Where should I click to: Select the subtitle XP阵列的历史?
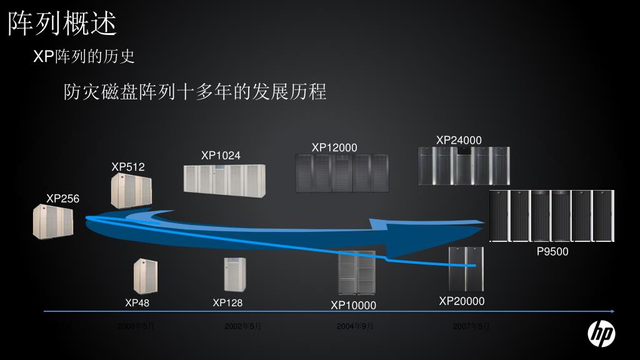tap(84, 57)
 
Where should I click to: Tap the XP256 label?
tap(62, 199)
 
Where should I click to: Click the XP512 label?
tap(128, 167)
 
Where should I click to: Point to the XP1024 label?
tap(221, 156)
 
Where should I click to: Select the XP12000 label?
tap(334, 147)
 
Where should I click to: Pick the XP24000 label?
tap(459, 140)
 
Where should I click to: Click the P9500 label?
tap(552, 252)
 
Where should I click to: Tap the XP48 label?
tap(137, 303)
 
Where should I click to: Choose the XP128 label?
tap(227, 303)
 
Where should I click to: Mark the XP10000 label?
tap(354, 306)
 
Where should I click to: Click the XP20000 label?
tap(462, 301)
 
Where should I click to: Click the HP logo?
tap(601, 334)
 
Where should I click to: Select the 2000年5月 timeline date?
tap(136, 326)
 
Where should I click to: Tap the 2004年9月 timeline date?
tap(355, 326)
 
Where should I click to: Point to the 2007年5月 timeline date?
tap(471, 326)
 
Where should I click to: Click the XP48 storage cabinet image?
tap(145, 276)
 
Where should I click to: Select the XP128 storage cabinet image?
tap(235, 274)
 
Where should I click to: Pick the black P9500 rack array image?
tap(551, 216)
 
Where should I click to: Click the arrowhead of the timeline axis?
tap(612, 311)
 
